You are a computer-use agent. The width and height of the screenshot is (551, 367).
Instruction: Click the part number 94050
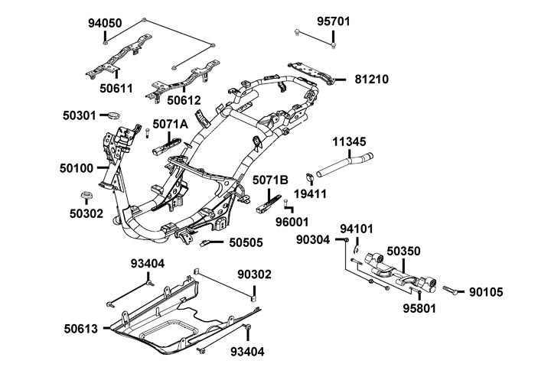[106, 23]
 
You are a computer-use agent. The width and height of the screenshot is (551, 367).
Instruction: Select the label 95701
[334, 21]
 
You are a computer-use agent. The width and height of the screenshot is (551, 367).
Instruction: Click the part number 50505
[246, 243]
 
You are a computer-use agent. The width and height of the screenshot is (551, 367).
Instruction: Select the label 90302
[254, 274]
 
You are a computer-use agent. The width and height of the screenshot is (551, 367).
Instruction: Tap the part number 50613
[80, 330]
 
